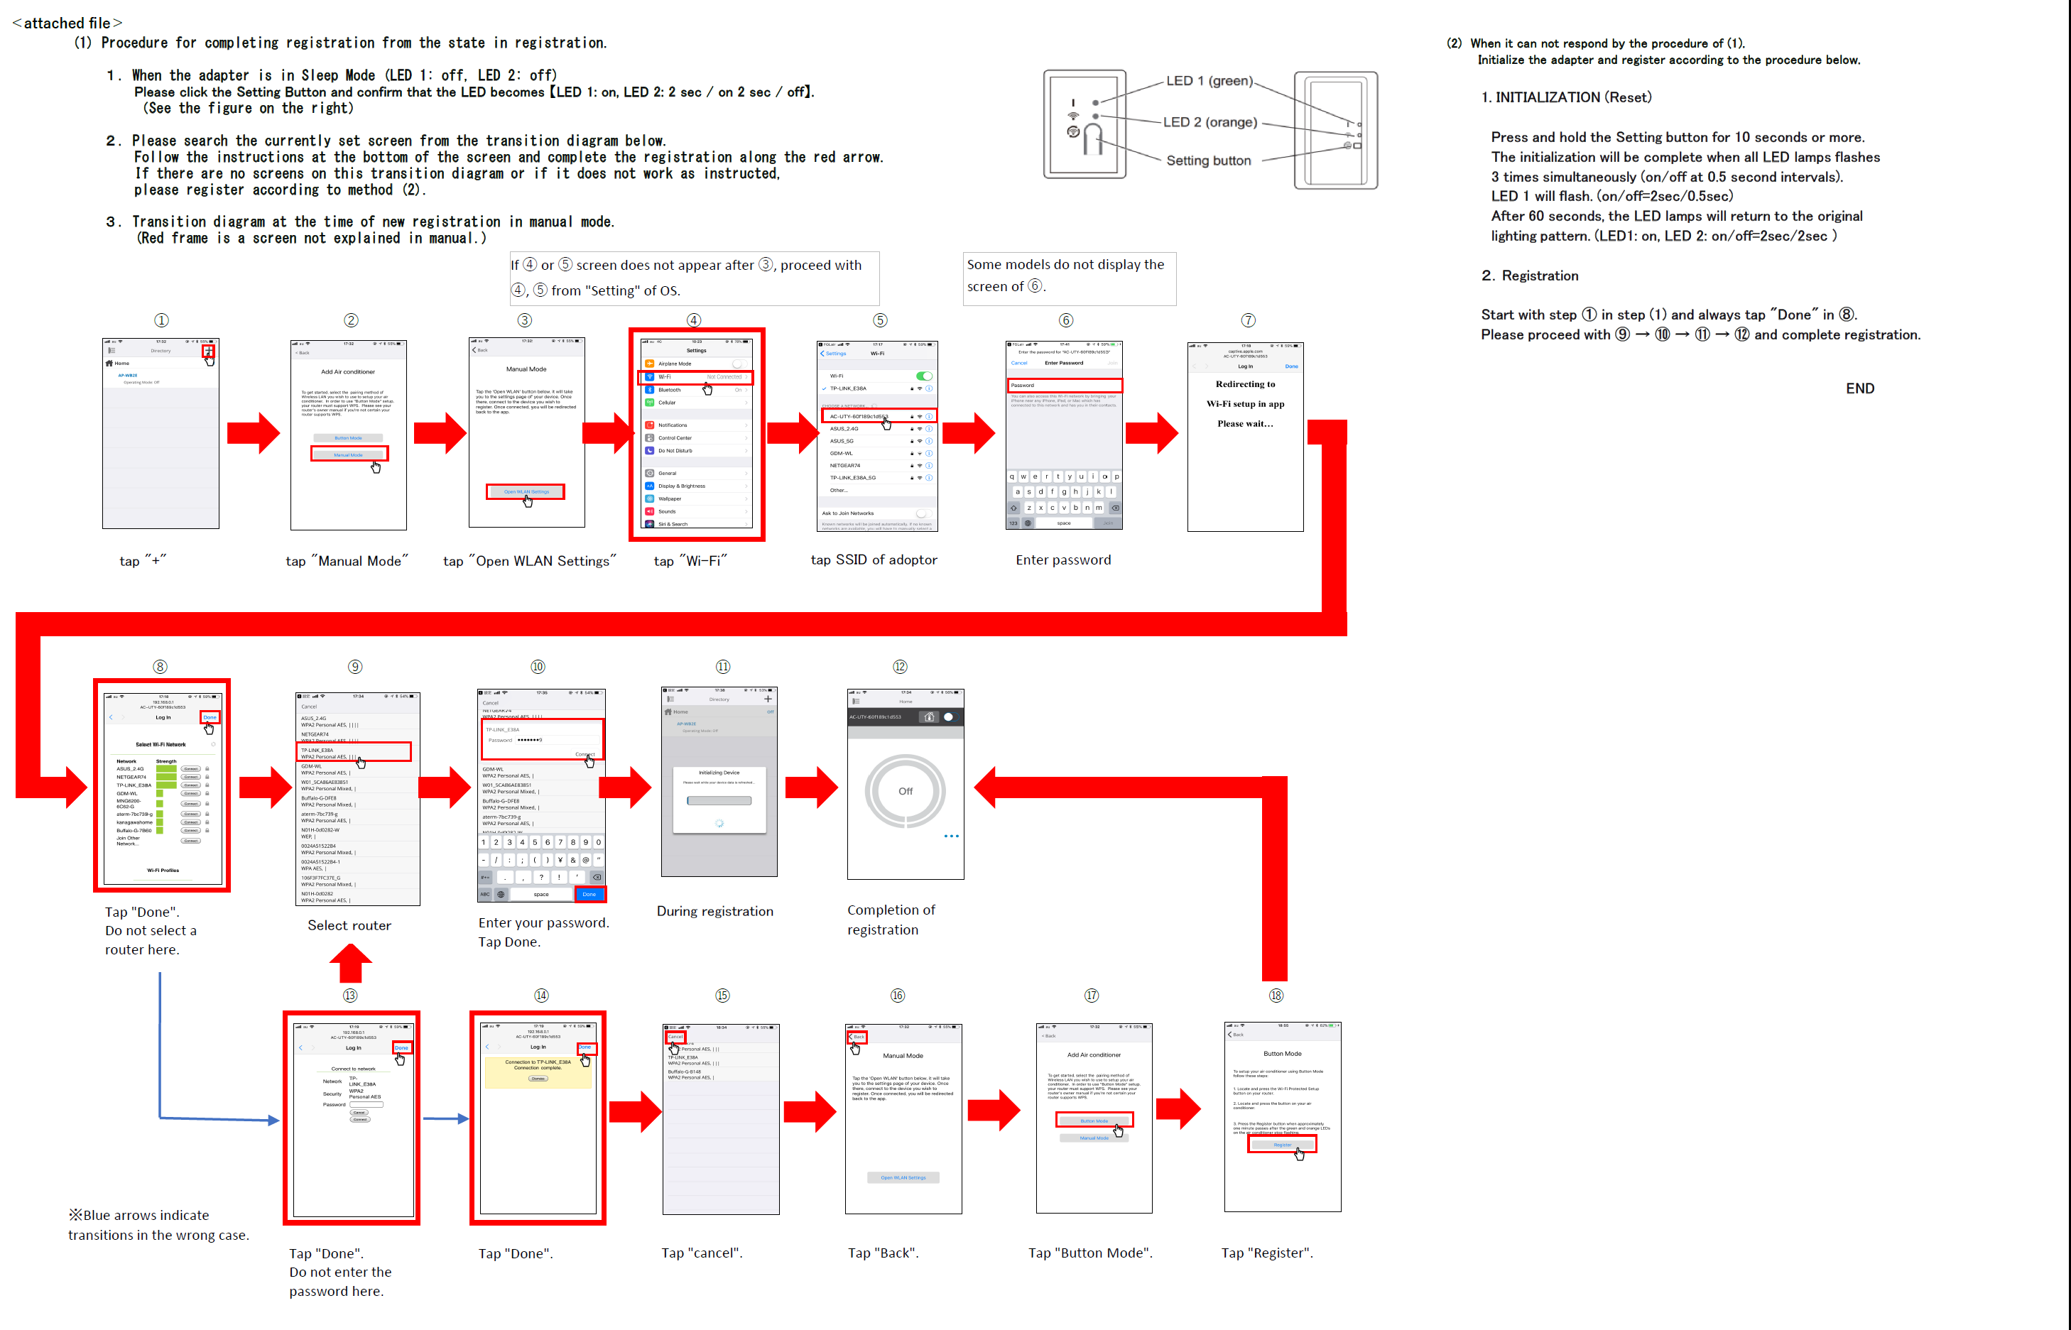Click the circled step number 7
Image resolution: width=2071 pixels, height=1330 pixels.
tap(1248, 320)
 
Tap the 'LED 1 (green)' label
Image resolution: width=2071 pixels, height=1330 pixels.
tap(1208, 81)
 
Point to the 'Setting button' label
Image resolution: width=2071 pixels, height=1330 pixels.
tap(1207, 160)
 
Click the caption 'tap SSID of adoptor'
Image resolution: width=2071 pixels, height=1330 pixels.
tap(873, 560)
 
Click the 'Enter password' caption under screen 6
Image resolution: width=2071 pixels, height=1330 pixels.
tap(1063, 560)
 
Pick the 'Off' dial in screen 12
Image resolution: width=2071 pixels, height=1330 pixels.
tap(905, 791)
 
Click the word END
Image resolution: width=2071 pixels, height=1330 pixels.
tap(1859, 388)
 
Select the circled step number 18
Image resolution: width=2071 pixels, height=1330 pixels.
tap(1276, 996)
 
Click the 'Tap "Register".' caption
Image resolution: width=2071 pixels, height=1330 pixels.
tap(1267, 1253)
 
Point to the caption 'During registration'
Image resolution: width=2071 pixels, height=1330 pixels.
tap(714, 911)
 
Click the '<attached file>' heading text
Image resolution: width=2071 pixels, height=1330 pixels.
tap(67, 23)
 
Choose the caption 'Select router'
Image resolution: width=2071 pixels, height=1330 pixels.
tap(349, 926)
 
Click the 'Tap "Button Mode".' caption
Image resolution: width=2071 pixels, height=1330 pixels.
tap(1090, 1253)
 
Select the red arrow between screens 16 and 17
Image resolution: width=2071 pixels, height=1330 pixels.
tap(994, 1111)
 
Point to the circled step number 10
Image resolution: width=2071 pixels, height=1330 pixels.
tap(537, 667)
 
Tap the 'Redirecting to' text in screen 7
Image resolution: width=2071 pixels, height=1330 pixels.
tap(1244, 384)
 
